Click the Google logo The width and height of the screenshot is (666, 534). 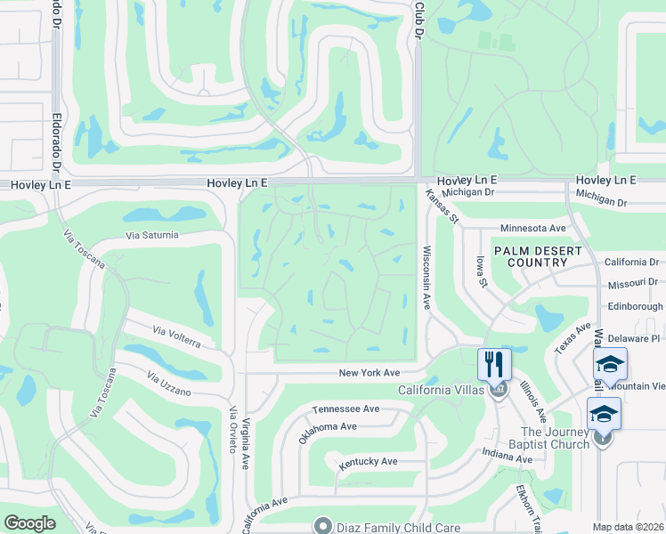click(x=29, y=523)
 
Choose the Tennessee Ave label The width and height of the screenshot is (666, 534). click(x=345, y=409)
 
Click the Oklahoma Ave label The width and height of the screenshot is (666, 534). click(x=329, y=426)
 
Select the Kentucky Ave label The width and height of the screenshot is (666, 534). click(x=368, y=462)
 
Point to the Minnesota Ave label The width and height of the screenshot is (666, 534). click(x=533, y=228)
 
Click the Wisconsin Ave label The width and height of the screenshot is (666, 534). click(x=427, y=278)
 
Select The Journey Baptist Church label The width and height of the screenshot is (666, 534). click(x=543, y=438)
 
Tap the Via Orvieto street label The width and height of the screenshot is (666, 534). click(x=233, y=430)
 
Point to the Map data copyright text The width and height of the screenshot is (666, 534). click(x=628, y=527)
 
